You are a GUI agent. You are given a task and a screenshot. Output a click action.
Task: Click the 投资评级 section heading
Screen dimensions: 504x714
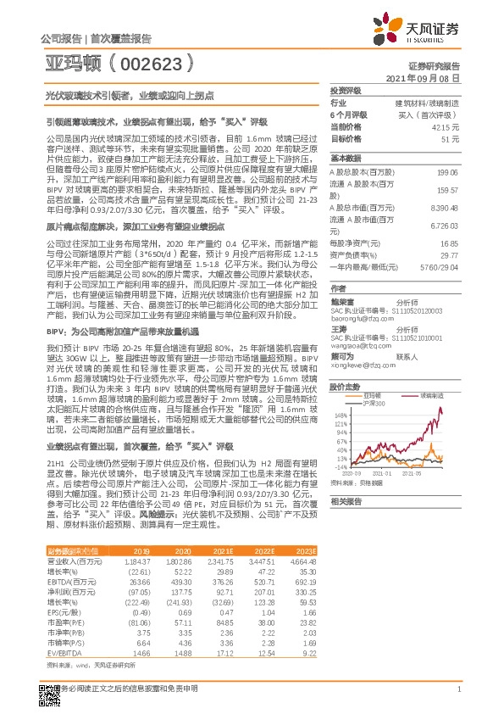point(346,90)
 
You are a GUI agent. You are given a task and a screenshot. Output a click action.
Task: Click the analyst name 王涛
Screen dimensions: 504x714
point(339,327)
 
